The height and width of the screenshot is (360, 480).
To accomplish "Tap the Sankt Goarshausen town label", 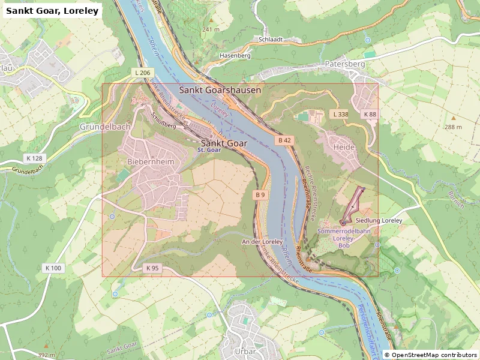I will click(x=220, y=90).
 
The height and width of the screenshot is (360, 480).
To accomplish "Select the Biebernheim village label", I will click(x=150, y=162).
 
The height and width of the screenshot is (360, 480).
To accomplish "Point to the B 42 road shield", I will click(x=284, y=140).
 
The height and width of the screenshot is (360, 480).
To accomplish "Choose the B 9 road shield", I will click(x=260, y=195).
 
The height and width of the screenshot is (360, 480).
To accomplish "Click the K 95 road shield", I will click(x=152, y=268).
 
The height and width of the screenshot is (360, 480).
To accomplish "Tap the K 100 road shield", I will click(x=53, y=268).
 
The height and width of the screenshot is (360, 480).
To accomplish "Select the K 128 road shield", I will click(x=35, y=158).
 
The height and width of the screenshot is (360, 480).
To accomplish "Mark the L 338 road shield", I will click(x=340, y=114).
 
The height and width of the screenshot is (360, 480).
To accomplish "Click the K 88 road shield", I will click(x=370, y=114).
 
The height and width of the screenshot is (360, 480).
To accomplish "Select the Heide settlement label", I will click(x=344, y=147).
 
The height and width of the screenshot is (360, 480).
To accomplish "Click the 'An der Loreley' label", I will click(x=262, y=242).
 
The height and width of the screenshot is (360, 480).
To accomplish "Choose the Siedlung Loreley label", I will click(x=379, y=221).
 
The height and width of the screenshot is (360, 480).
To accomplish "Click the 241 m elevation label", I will click(x=212, y=29).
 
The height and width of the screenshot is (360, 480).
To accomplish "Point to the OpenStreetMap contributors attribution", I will click(x=430, y=355).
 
